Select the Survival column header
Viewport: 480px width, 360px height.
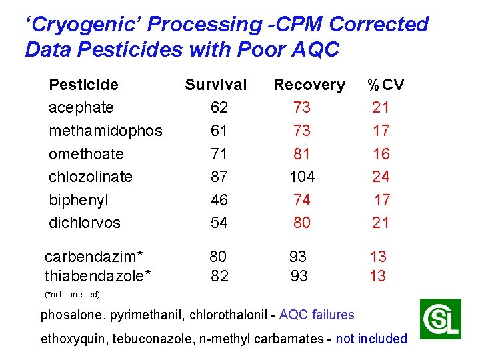[x=215, y=85]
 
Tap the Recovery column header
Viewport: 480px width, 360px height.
[x=309, y=85]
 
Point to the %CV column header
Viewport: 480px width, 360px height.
[x=386, y=85]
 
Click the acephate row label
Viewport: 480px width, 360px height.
[x=81, y=107]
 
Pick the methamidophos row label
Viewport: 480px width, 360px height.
[x=105, y=131]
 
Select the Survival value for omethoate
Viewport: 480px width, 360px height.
[x=219, y=154]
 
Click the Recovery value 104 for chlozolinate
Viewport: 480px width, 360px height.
[x=302, y=177]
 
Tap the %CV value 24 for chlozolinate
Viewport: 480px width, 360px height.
[x=381, y=177]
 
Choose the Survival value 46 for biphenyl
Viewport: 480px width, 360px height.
[x=219, y=200]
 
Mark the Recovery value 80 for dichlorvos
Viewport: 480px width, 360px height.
[x=302, y=223]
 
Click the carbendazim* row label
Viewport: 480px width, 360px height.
[x=94, y=257]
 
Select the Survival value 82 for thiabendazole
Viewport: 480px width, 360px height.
[x=219, y=276]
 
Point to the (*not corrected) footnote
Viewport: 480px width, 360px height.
[x=72, y=295]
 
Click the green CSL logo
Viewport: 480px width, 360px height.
[x=440, y=319]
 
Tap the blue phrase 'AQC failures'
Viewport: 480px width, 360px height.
[x=317, y=315]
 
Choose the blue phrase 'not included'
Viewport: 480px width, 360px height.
[x=371, y=339]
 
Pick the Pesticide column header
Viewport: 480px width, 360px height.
[x=83, y=85]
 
